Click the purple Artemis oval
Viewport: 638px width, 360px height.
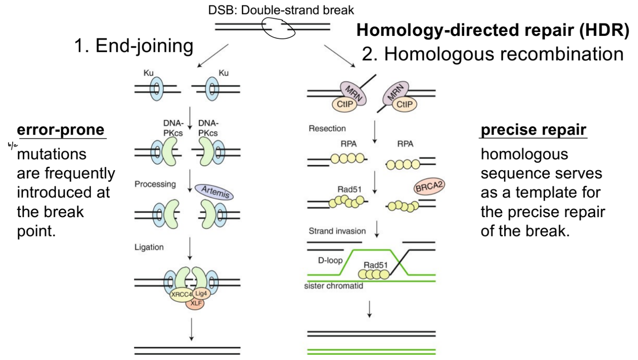pos(214,192)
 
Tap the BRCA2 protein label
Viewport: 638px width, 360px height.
pos(429,187)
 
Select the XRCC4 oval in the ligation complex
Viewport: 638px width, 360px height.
pos(181,295)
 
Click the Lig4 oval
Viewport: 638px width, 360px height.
pos(201,293)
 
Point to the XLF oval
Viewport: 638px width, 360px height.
pos(196,304)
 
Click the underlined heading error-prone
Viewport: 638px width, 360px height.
pos(61,130)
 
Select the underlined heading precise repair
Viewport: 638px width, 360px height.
pos(533,130)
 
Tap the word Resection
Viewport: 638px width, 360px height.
pos(327,129)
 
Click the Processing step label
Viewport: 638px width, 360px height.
pos(155,184)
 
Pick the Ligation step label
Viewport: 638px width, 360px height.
pos(149,247)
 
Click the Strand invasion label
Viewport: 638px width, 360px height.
pos(337,231)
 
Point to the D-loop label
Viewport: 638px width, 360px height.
pos(330,260)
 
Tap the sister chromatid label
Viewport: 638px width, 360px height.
pos(334,286)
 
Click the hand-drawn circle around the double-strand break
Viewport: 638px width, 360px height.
pos(279,28)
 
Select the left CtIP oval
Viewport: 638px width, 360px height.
pos(344,105)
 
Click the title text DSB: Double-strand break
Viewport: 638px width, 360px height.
pos(281,10)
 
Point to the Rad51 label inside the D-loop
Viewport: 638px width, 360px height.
pos(375,265)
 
